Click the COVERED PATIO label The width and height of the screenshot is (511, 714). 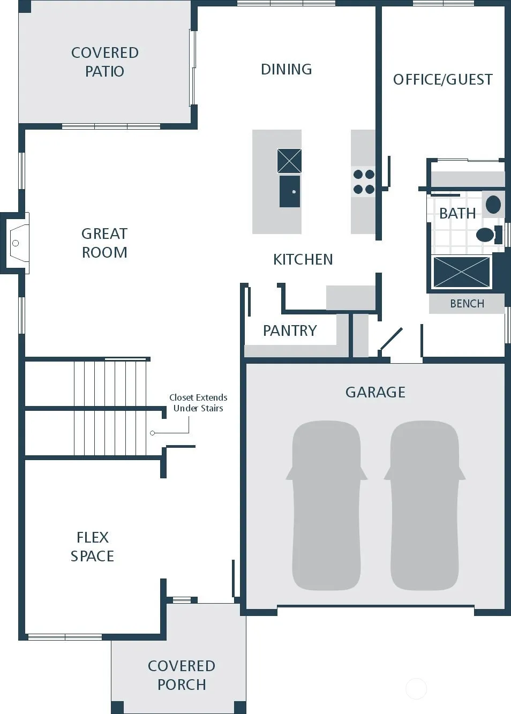[105, 62]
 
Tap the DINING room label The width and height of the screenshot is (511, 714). [286, 70]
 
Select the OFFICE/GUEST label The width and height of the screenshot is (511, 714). [443, 80]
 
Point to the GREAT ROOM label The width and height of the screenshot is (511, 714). [104, 243]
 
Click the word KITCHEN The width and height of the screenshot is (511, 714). [303, 259]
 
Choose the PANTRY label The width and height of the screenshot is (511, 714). [290, 330]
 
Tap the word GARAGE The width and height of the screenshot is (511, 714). [375, 392]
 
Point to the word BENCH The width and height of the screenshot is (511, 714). [467, 304]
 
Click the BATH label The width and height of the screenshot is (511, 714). [457, 213]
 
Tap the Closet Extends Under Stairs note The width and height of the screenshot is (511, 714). [198, 403]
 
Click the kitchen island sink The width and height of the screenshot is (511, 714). [289, 191]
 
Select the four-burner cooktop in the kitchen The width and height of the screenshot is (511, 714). [364, 182]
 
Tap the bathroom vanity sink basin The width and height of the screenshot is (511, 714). [493, 204]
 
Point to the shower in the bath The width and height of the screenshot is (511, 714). [462, 272]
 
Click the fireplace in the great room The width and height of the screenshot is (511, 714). [16, 243]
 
